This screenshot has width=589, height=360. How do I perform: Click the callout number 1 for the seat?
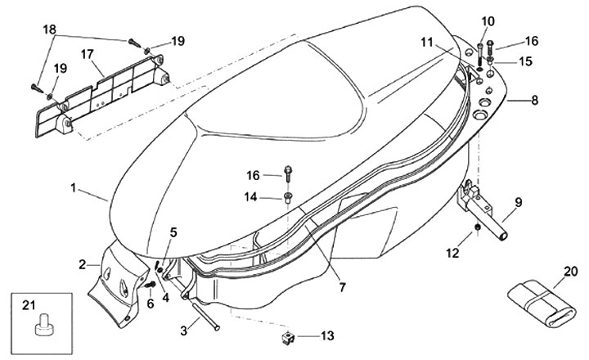(x=74, y=187)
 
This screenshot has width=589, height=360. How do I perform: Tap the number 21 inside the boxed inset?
(x=29, y=306)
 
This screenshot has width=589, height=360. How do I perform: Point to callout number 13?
(x=327, y=335)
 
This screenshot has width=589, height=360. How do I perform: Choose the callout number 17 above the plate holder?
(x=87, y=55)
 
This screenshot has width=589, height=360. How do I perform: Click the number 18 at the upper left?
(x=50, y=29)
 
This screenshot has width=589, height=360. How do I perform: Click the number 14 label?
(x=250, y=196)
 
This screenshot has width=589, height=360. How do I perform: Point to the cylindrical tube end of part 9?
(x=501, y=236)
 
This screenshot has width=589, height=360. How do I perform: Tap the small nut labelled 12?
(x=478, y=227)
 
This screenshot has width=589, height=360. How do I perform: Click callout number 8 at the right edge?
(x=534, y=101)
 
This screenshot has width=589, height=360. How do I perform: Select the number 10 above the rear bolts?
(x=488, y=21)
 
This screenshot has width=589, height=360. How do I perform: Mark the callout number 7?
(x=342, y=287)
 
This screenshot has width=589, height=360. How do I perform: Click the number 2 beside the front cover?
(x=83, y=264)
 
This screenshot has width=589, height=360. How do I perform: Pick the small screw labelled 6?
(x=151, y=285)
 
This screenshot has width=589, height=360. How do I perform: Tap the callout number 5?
(x=173, y=232)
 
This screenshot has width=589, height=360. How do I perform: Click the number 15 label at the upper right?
(x=526, y=61)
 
